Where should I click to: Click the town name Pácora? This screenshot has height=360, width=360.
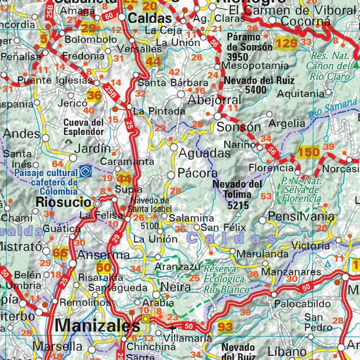pos(197,173)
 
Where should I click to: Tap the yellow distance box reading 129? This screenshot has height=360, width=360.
pos(286,43)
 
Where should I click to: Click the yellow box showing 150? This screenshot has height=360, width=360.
pos(308,153)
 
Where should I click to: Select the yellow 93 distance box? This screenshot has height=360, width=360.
pos(226,327)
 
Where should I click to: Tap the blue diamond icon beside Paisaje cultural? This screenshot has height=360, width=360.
pos(86,172)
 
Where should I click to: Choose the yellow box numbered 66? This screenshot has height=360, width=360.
pos(60,253)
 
